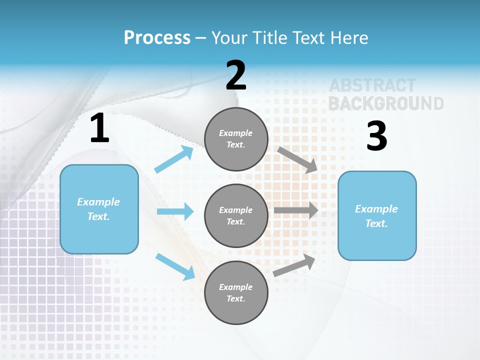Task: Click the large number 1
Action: [x=99, y=128]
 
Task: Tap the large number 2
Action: [x=236, y=75]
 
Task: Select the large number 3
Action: [x=377, y=136]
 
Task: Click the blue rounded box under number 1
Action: [x=99, y=209]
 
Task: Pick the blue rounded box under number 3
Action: [x=377, y=215]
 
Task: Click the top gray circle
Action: [x=236, y=139]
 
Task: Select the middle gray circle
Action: [x=236, y=215]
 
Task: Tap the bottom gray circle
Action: [x=236, y=292]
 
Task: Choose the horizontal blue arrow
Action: [x=175, y=211]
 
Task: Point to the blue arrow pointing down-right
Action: [x=175, y=266]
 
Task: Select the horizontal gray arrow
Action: [x=296, y=210]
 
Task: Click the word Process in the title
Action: [x=157, y=37]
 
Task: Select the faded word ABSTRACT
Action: [x=372, y=85]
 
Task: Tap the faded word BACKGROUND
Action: [x=385, y=103]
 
